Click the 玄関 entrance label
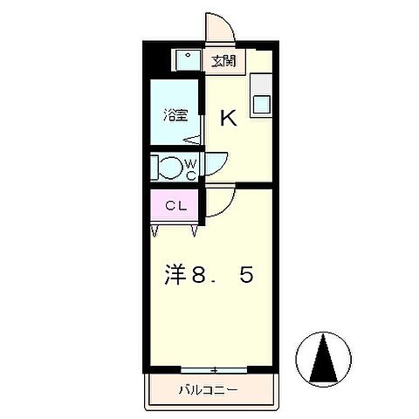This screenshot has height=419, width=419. point(223,60)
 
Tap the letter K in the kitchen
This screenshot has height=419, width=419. point(228,117)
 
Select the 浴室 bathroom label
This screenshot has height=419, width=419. point(175,114)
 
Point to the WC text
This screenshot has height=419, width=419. point(191,168)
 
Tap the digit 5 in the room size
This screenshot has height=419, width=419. point(247,276)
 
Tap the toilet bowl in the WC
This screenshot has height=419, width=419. point(167,166)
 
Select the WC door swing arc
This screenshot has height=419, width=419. point(216,162)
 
